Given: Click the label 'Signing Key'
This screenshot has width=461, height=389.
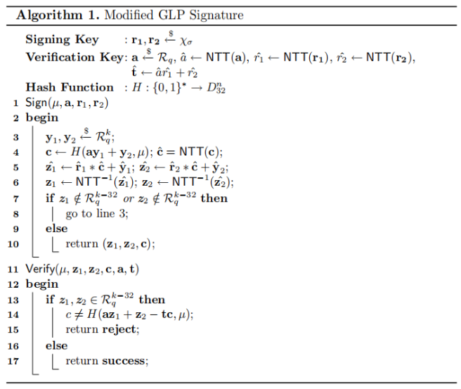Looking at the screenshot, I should coord(62,40).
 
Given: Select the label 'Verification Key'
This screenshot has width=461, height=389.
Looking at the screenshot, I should coord(74,57).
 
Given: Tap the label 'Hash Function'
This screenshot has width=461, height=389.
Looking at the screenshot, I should coord(70,87).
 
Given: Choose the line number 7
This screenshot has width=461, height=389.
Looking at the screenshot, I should coord(15,198).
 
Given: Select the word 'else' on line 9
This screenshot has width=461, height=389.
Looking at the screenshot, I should coord(56,229).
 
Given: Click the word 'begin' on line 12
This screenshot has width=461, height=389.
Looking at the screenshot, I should coord(42,284).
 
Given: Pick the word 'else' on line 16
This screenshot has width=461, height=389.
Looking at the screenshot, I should coord(56,346).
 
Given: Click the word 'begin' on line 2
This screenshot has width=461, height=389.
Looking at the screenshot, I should coord(42,118).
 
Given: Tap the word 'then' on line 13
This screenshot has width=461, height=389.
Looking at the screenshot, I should coord(152,300).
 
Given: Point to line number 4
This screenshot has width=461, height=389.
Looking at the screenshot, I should coord(15,152).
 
